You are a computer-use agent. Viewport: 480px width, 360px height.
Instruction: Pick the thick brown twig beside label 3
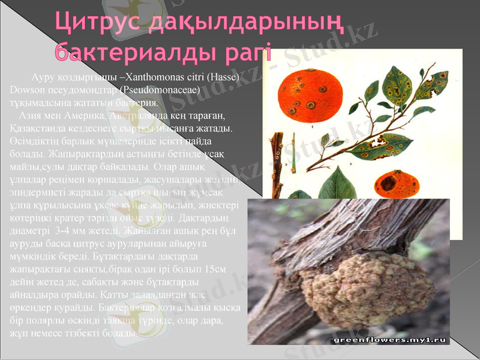pyautogui.click(x=277, y=162)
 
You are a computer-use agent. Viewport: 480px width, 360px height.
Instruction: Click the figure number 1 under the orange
pyautogui.click(x=313, y=127)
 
